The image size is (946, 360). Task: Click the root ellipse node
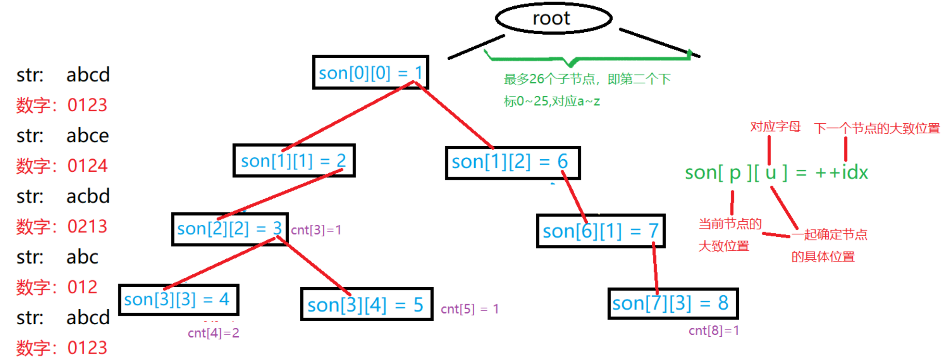point(553,18)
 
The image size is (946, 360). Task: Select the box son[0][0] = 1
point(370,73)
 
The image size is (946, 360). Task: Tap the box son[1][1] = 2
point(294,160)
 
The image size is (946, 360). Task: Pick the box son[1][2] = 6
point(512,162)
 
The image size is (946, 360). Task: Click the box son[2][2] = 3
point(230,229)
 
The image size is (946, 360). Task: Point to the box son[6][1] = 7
point(600,231)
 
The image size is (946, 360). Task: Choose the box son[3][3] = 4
point(179,299)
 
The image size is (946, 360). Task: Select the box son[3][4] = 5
point(366,304)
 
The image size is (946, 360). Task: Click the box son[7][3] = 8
point(672,303)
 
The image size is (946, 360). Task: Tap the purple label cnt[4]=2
point(213,333)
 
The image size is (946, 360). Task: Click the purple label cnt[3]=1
point(316,230)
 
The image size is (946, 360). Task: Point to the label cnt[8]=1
point(713,330)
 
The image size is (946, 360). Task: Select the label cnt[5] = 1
point(469,309)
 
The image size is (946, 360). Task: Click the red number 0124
point(87,166)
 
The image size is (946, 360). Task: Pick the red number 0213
point(87,226)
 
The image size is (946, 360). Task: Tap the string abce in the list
point(87,136)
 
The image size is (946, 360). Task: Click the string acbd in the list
point(88,196)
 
